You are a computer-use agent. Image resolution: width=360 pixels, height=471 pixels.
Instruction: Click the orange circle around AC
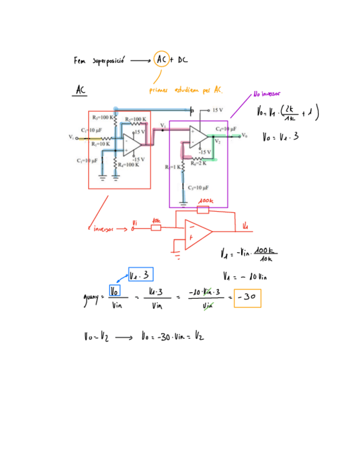pos(162,59)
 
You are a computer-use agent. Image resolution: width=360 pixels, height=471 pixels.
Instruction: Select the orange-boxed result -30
pos(247,297)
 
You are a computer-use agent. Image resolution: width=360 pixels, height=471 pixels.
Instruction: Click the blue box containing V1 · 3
pos(140,275)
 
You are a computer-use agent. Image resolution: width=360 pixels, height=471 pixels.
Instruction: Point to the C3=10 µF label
pos(198,187)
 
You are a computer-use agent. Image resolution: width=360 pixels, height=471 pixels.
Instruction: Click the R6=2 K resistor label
pos(199,163)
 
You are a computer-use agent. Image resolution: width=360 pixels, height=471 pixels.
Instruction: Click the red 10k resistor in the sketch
pos(156,227)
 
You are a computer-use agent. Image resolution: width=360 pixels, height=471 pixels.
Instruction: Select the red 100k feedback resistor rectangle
pos(203,209)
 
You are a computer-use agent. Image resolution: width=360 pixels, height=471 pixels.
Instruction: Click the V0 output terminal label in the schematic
pos(244,136)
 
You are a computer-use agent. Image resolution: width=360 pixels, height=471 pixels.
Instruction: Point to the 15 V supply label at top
pos(217,110)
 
